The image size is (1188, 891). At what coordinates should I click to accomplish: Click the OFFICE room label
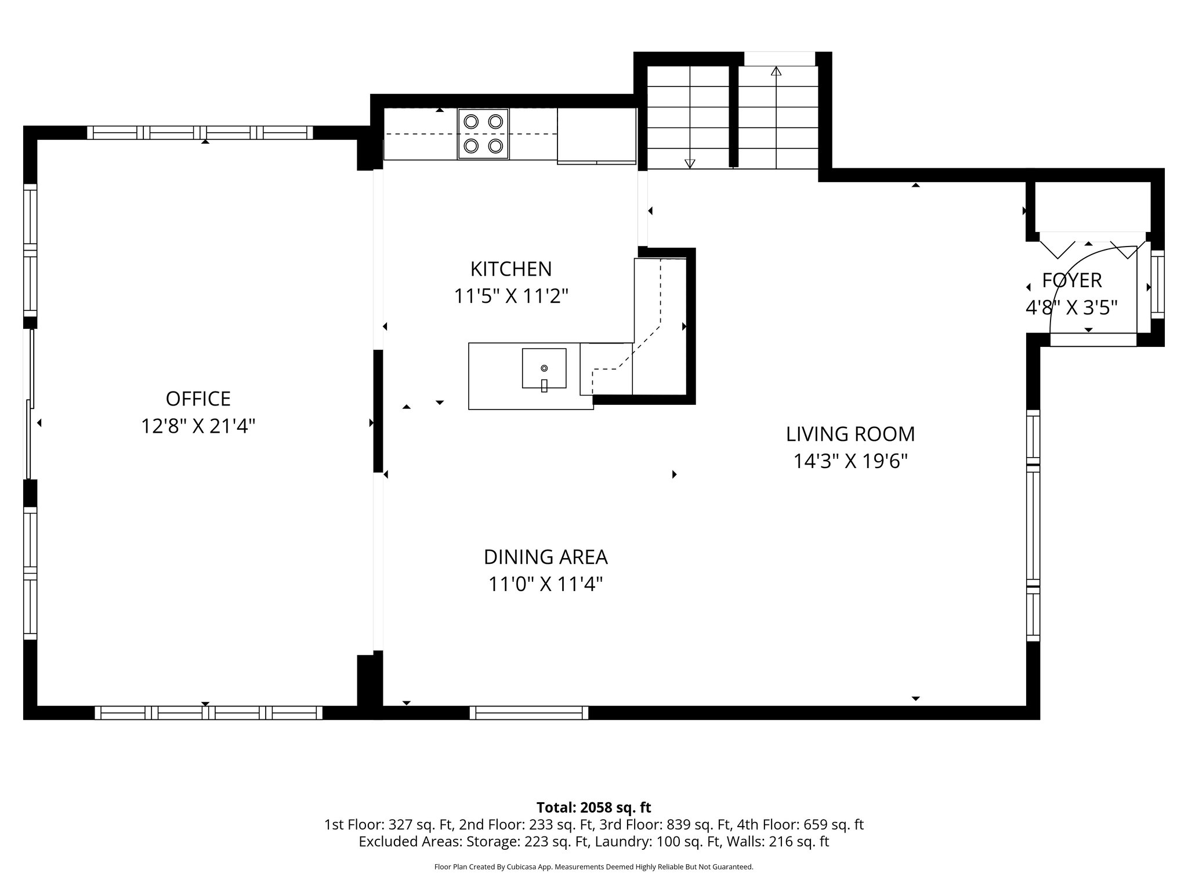(x=198, y=399)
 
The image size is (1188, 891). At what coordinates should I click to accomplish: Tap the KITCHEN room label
(x=510, y=269)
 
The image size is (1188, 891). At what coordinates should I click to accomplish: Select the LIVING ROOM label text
(x=850, y=434)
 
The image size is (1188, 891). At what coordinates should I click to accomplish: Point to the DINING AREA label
(x=545, y=557)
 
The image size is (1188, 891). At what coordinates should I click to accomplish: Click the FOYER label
(x=1071, y=281)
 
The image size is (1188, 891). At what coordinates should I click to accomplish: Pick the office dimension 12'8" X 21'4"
(x=198, y=427)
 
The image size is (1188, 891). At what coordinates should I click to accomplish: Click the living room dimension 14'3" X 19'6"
(x=850, y=462)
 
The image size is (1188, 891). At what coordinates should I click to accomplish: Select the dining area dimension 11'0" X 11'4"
(x=545, y=584)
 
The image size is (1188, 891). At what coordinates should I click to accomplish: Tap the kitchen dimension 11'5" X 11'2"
(x=510, y=296)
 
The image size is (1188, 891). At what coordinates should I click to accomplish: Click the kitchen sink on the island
(x=544, y=368)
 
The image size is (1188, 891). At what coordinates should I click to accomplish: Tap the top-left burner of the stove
(x=471, y=122)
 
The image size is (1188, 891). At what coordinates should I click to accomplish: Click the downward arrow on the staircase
(x=690, y=163)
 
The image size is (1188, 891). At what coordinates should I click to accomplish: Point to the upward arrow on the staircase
(x=776, y=71)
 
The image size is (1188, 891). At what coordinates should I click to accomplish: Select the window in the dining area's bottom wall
(x=528, y=712)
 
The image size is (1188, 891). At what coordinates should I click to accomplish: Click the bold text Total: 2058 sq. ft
(x=593, y=807)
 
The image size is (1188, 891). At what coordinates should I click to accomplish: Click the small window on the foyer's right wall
(x=1157, y=284)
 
